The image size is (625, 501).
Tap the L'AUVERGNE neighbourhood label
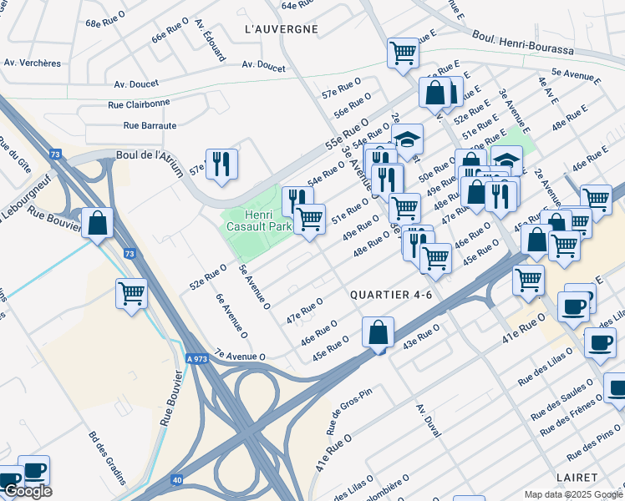(x=282, y=29)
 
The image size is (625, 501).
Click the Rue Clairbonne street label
(x=140, y=104)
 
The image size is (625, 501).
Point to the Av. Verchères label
(x=33, y=63)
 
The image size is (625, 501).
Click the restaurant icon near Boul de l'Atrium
(x=221, y=164)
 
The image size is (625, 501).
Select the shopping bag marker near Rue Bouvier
(x=98, y=223)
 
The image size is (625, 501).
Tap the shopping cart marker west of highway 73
(x=131, y=294)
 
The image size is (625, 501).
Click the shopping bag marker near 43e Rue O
(x=378, y=332)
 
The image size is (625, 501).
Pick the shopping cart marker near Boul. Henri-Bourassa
(x=403, y=53)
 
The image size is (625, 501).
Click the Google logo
(x=28, y=492)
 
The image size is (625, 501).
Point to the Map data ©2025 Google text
(x=573, y=494)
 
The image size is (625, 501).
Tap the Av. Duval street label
(x=428, y=422)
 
